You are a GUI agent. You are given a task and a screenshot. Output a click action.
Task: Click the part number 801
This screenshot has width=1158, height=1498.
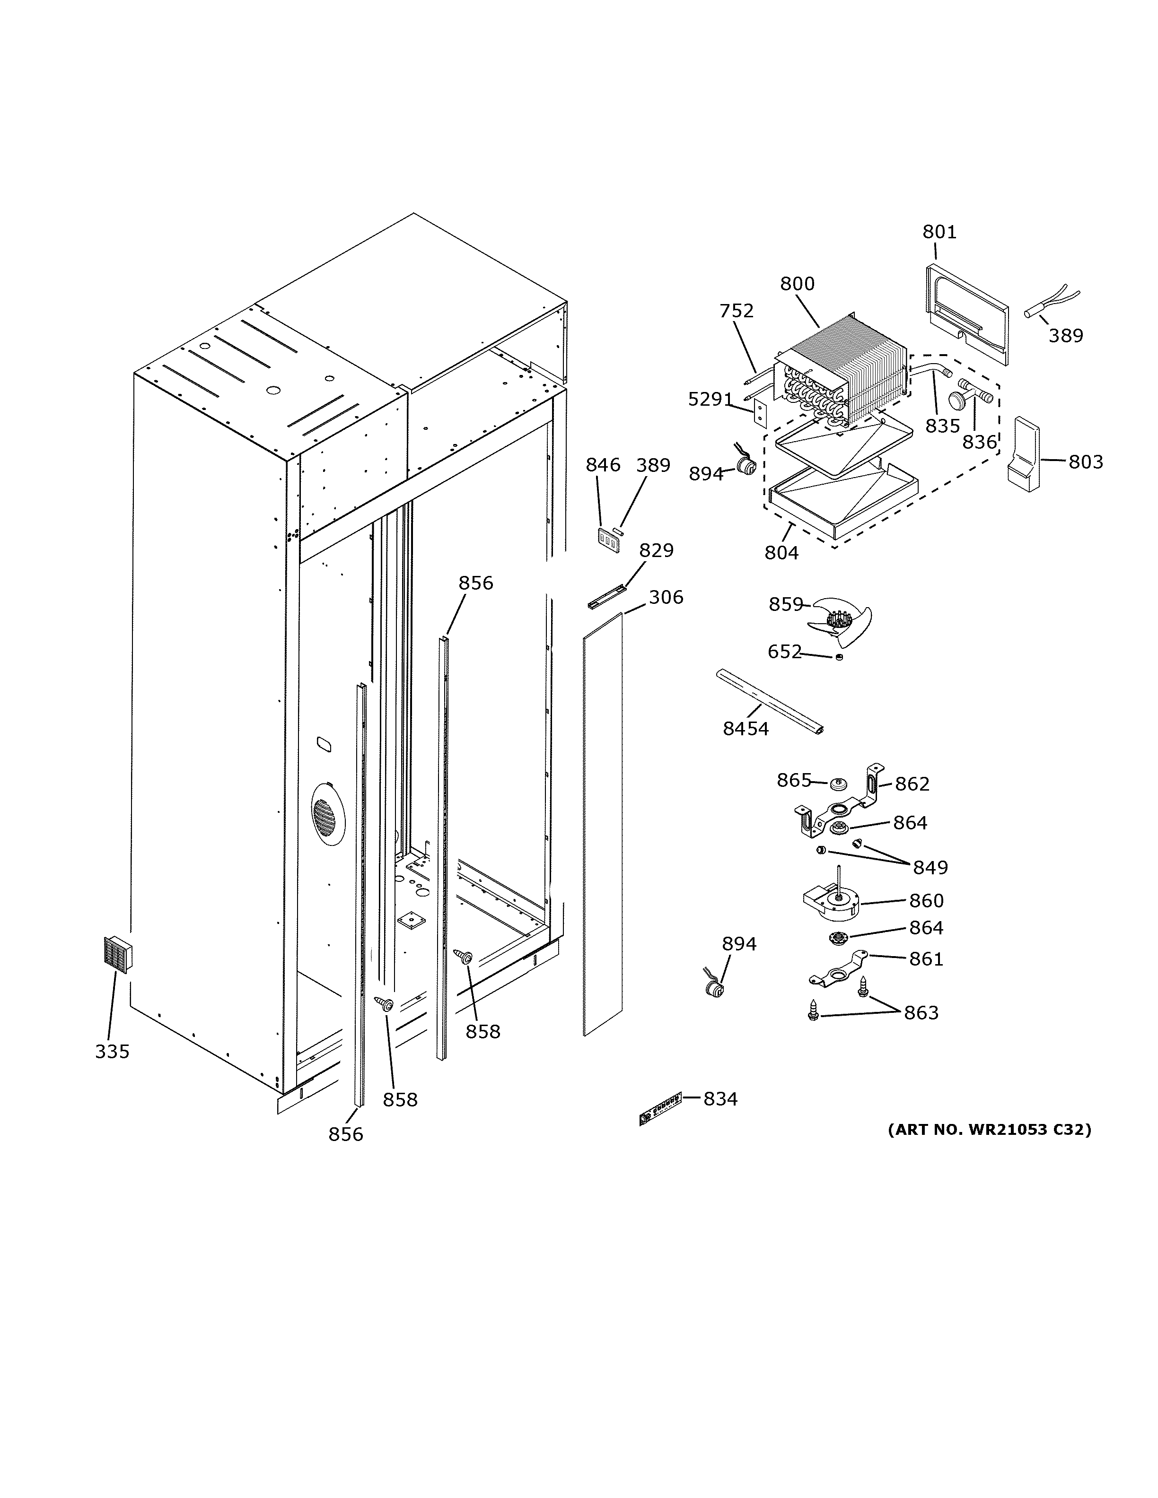coord(939,233)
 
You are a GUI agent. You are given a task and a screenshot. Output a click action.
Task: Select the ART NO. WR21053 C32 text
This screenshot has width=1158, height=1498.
coord(989,1130)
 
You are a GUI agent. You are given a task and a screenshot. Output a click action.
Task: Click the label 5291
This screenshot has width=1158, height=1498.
coord(710,399)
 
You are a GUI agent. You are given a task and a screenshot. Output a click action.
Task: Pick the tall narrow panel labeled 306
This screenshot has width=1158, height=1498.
coord(602,823)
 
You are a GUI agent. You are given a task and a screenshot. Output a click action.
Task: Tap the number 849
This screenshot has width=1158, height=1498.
coord(930,868)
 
